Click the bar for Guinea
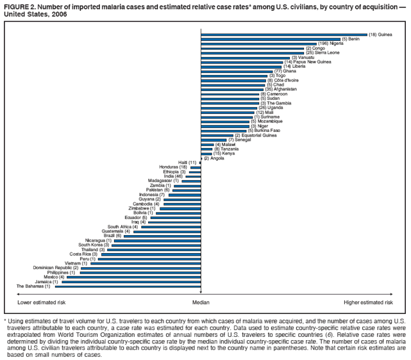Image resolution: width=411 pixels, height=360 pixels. pyautogui.click(x=284, y=35)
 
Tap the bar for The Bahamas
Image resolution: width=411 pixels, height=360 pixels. pyautogui.click(x=127, y=286)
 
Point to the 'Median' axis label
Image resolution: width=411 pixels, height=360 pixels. pyautogui.click(x=201, y=302)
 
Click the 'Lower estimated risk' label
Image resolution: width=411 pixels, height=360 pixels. pyautogui.click(x=42, y=302)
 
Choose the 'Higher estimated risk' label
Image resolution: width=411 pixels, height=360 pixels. pyautogui.click(x=368, y=302)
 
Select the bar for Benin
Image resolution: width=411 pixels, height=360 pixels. pyautogui.click(x=271, y=39)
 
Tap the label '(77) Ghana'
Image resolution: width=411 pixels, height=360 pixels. pyautogui.click(x=285, y=70)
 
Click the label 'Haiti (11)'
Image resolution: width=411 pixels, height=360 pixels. pyautogui.click(x=187, y=163)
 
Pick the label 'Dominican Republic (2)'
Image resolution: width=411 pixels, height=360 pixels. pyautogui.click(x=56, y=268)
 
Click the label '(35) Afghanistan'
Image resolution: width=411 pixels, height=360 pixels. pyautogui.click(x=281, y=89)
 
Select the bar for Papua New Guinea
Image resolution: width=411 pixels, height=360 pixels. pyautogui.click(x=242, y=61)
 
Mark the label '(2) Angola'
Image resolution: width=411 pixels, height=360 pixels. pyautogui.click(x=214, y=158)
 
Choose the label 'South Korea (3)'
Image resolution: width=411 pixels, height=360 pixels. pyautogui.click(x=94, y=245)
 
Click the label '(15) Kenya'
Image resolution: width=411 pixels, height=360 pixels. pyautogui.click(x=224, y=154)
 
